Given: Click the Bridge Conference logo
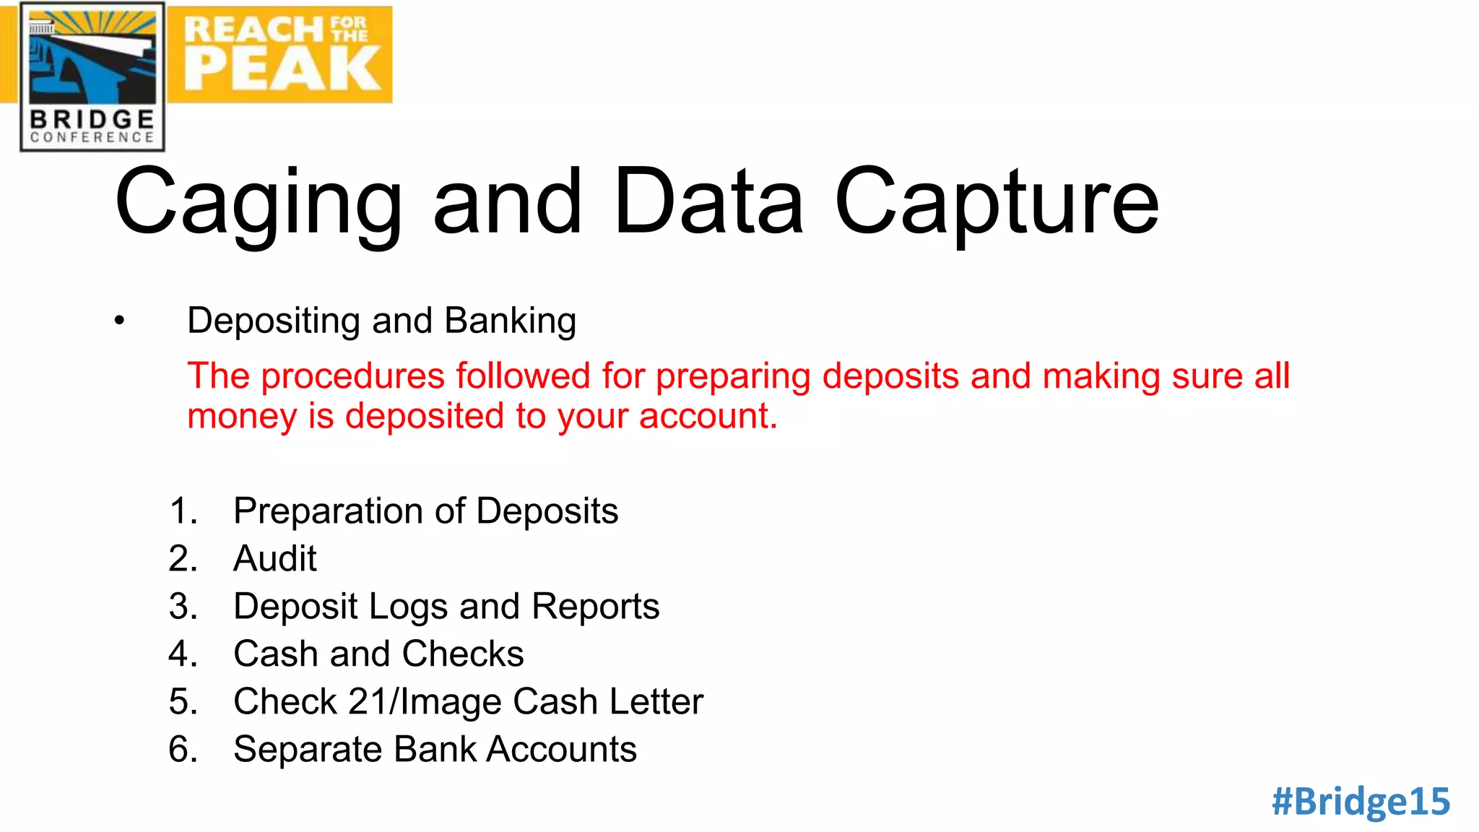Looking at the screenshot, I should pos(92,77).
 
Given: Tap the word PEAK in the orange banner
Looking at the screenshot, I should pos(282,69).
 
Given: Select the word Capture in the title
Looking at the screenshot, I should pos(997,202).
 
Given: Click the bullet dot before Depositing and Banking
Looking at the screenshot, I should pos(119,321).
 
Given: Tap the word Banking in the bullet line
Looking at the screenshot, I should pos(510,321).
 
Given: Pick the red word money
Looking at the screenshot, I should pos(241,417).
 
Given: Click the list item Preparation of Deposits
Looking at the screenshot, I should pos(425,511).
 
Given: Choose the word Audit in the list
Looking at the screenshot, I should pos(274,558).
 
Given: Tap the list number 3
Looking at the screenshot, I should pos(183,606).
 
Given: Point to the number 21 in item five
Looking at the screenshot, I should pos(368,701).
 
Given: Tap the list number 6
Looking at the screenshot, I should pos(183,749).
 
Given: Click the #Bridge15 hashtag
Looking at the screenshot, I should pos(1361,802).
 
